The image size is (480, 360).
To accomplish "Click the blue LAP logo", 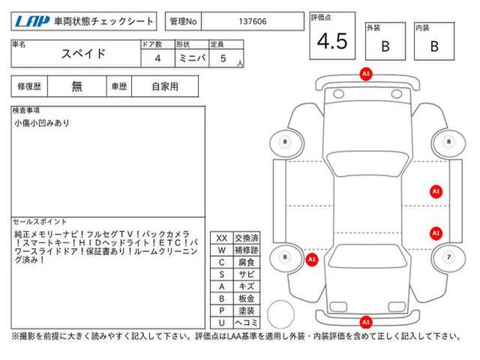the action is (x=31, y=21).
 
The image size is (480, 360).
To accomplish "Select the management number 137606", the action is (x=253, y=22).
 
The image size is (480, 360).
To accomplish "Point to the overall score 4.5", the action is (x=332, y=41).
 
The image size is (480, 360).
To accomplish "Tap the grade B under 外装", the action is (x=385, y=46).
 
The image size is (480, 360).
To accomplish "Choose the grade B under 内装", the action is (x=434, y=46).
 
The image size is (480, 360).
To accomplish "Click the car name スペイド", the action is (x=83, y=54).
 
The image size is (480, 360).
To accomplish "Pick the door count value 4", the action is (x=157, y=58).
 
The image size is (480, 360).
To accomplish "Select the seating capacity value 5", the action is (x=223, y=58).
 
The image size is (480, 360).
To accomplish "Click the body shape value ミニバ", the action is (x=192, y=58).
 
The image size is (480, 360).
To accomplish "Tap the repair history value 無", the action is (x=76, y=86).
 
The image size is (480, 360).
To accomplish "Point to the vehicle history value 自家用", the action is (x=165, y=87).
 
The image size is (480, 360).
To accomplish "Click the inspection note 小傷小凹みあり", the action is (x=42, y=123).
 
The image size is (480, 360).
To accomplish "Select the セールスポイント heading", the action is (x=40, y=221).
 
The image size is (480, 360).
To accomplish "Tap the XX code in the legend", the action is (x=222, y=238).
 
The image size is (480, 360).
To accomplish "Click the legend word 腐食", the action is (x=247, y=262).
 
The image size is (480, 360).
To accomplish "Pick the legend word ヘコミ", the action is (x=247, y=322).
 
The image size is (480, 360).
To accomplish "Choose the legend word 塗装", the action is (x=247, y=310).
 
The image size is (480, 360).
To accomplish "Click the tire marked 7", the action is (x=448, y=257).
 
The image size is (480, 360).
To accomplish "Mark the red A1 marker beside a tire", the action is (x=312, y=260).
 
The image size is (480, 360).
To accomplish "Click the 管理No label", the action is (x=183, y=22).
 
